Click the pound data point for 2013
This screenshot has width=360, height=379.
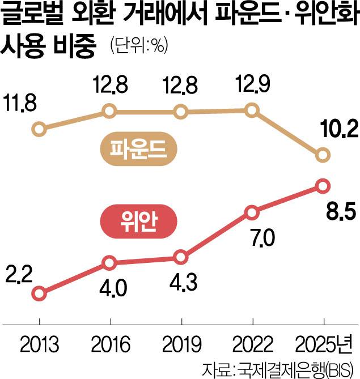pyautogui.click(x=39, y=129)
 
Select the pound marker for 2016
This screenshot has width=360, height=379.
pyautogui.click(x=110, y=112)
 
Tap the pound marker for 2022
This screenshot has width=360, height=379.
pyautogui.click(x=252, y=110)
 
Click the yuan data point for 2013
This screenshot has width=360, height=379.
pyautogui.click(x=39, y=293)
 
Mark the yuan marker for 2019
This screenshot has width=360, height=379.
pyautogui.click(x=181, y=257)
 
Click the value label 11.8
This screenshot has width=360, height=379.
pyautogui.click(x=21, y=105)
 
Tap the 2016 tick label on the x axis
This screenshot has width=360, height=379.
pyautogui.click(x=110, y=344)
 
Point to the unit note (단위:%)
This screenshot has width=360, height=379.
pyautogui.click(x=135, y=47)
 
